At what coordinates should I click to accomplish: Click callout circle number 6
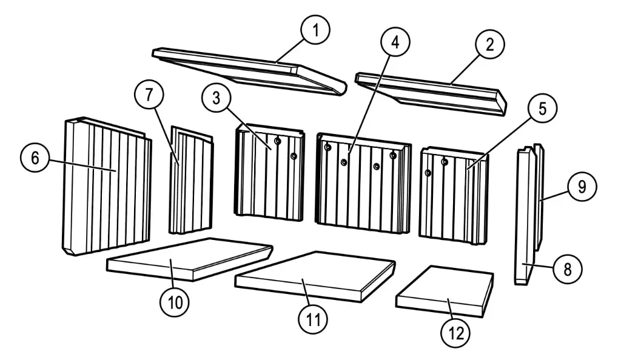[x=35, y=159]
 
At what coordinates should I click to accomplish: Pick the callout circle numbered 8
[x=567, y=268]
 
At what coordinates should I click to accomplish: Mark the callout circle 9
[x=582, y=187]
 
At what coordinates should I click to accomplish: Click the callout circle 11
[x=313, y=318]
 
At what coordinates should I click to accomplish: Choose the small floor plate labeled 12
[x=444, y=291]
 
